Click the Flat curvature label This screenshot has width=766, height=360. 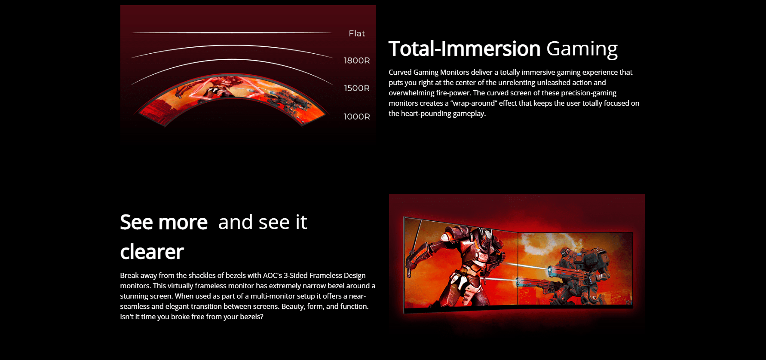click(x=357, y=34)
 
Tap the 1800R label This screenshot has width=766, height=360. click(x=357, y=61)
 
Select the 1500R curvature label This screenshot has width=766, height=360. click(x=357, y=88)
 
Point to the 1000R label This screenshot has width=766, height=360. click(x=357, y=116)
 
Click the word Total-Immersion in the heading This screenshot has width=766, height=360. click(x=464, y=49)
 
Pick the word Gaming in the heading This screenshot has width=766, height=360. click(x=582, y=49)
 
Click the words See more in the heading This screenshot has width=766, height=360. click(x=164, y=222)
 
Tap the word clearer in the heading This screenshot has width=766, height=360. click(x=152, y=252)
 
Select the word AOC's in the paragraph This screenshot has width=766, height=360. click(x=273, y=275)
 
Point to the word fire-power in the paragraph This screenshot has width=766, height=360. click(x=453, y=93)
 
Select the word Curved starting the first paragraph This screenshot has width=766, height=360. click(x=400, y=72)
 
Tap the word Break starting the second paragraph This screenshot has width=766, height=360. click(x=129, y=275)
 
